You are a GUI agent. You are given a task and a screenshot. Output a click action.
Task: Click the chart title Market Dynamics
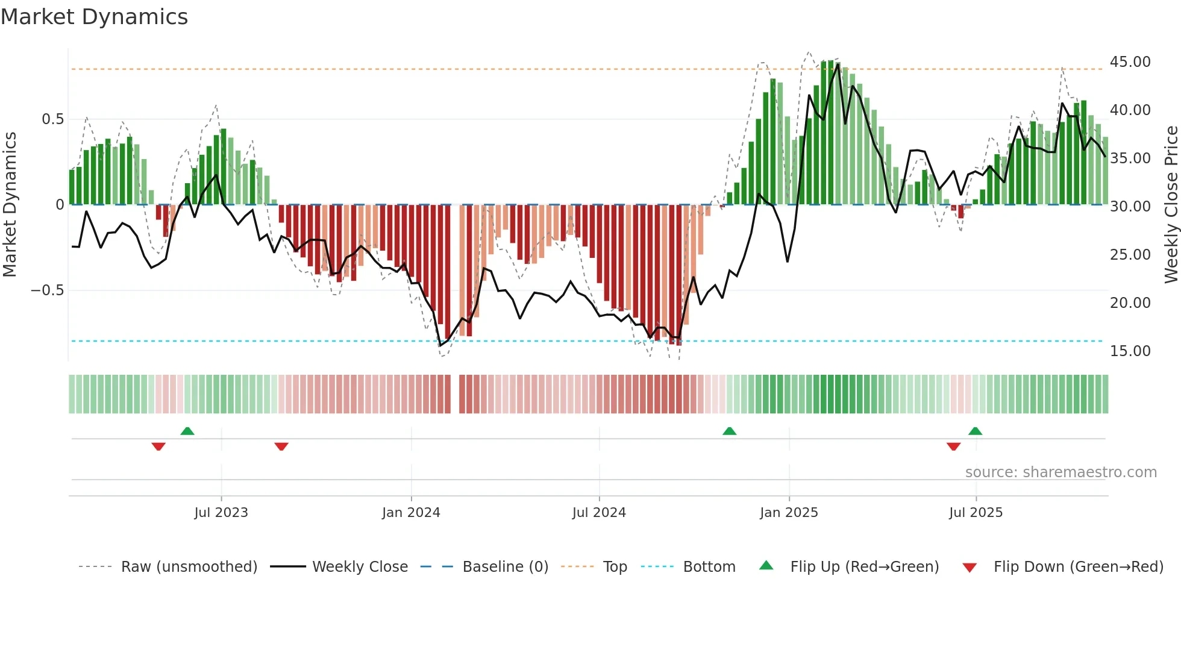95,17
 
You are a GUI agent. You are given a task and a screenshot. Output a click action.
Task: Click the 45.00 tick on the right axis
1130,62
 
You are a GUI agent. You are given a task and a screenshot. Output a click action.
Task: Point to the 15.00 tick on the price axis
1130,351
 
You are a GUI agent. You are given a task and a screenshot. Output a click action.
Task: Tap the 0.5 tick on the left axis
52,119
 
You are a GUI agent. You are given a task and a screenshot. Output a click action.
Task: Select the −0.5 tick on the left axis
48,290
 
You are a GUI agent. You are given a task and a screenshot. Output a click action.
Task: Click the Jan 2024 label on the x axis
411,513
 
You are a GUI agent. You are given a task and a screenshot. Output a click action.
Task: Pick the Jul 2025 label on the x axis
976,513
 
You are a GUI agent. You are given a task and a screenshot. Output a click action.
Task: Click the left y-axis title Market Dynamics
10,205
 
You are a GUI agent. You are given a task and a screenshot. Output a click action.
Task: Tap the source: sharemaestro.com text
1060,472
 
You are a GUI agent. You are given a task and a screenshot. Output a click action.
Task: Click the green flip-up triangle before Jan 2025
729,431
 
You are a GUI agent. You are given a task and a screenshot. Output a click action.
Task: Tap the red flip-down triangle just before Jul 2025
953,446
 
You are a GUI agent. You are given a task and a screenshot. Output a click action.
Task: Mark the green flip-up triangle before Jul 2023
187,431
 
